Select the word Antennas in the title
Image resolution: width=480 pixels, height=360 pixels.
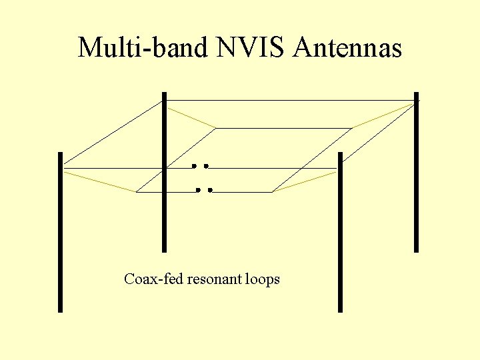[347, 48]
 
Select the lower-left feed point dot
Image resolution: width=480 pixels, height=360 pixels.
[198, 190]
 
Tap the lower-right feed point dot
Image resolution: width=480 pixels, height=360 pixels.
[210, 190]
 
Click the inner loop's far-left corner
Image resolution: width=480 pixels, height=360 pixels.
[216, 127]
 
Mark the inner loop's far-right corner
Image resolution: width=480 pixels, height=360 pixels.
[352, 127]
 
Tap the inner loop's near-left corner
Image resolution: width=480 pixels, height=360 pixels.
[136, 192]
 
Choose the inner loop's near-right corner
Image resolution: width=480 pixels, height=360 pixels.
[273, 192]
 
